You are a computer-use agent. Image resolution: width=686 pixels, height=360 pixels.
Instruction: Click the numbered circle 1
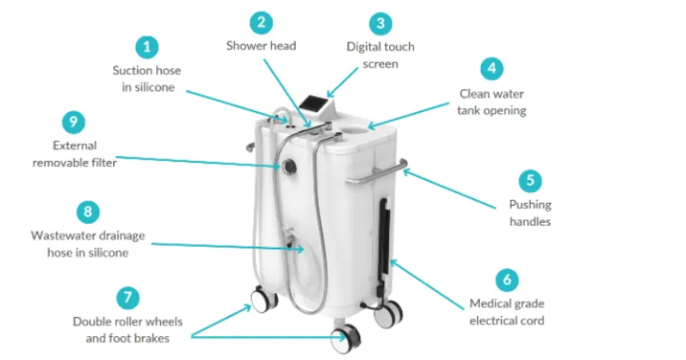pos(147,47)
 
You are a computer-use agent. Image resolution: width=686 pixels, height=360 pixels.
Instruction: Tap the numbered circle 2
pos(262,22)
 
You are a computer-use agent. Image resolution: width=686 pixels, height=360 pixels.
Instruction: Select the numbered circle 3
pos(381,24)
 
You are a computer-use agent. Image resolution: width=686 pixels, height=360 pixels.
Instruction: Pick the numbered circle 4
pos(491,69)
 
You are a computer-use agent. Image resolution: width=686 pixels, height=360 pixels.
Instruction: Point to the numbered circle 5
pos(530,181)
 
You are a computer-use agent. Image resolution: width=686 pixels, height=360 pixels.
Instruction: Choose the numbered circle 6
pos(507,280)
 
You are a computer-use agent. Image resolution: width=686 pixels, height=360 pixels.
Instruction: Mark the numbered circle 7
pos(128,298)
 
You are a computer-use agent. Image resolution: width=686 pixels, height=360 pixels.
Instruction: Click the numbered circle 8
pos(88,213)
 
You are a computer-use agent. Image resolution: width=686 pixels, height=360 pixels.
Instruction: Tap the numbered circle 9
pos(74,122)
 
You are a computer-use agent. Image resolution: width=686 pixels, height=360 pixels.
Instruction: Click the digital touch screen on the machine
pos(312,104)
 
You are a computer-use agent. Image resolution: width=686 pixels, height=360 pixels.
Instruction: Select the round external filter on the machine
pos(289,166)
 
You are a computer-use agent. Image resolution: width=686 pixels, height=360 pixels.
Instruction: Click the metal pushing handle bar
pos(376,173)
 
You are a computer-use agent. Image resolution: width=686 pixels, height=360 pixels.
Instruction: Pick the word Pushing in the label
pos(530,205)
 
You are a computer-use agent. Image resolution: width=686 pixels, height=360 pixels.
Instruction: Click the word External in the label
pos(75,146)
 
